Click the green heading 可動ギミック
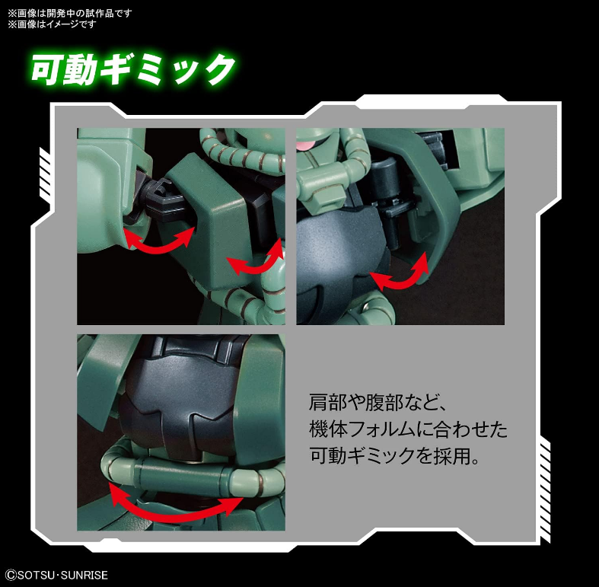coord(133,69)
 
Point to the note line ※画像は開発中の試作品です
coord(70,13)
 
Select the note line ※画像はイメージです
coord(52,24)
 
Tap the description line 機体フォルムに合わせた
coord(409,429)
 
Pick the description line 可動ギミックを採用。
coord(394,455)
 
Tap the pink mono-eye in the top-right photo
coord(307,145)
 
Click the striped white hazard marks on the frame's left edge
coord(44,165)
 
